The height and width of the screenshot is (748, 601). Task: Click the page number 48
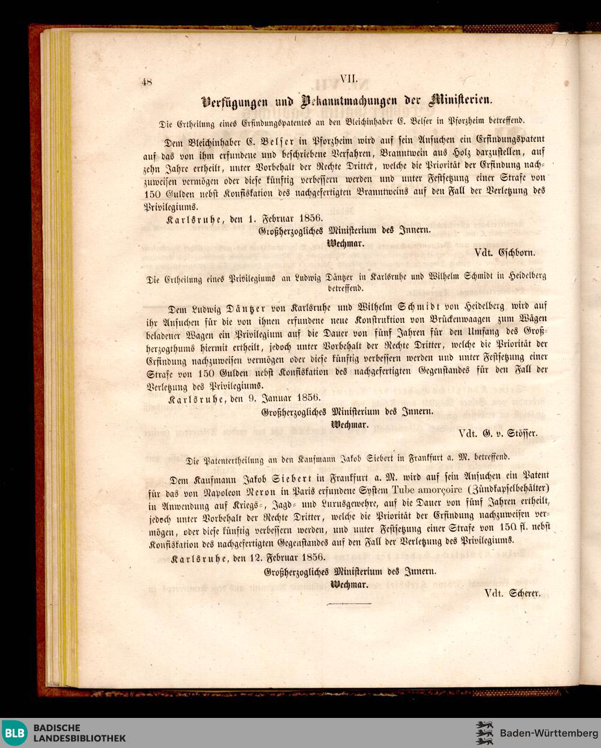[x=147, y=83]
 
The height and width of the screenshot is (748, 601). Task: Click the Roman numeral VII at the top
[x=349, y=79]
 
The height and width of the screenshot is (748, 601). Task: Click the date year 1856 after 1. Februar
[x=310, y=218]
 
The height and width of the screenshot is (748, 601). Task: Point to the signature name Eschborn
[x=516, y=253]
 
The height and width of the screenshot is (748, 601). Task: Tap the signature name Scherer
[x=525, y=593]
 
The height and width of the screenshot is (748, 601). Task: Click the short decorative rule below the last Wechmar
[x=347, y=603]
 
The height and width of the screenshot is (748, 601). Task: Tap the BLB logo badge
[x=14, y=732]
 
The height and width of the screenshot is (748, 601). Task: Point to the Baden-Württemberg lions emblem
[x=484, y=733]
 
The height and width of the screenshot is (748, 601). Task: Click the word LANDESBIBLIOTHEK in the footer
[x=80, y=738]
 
